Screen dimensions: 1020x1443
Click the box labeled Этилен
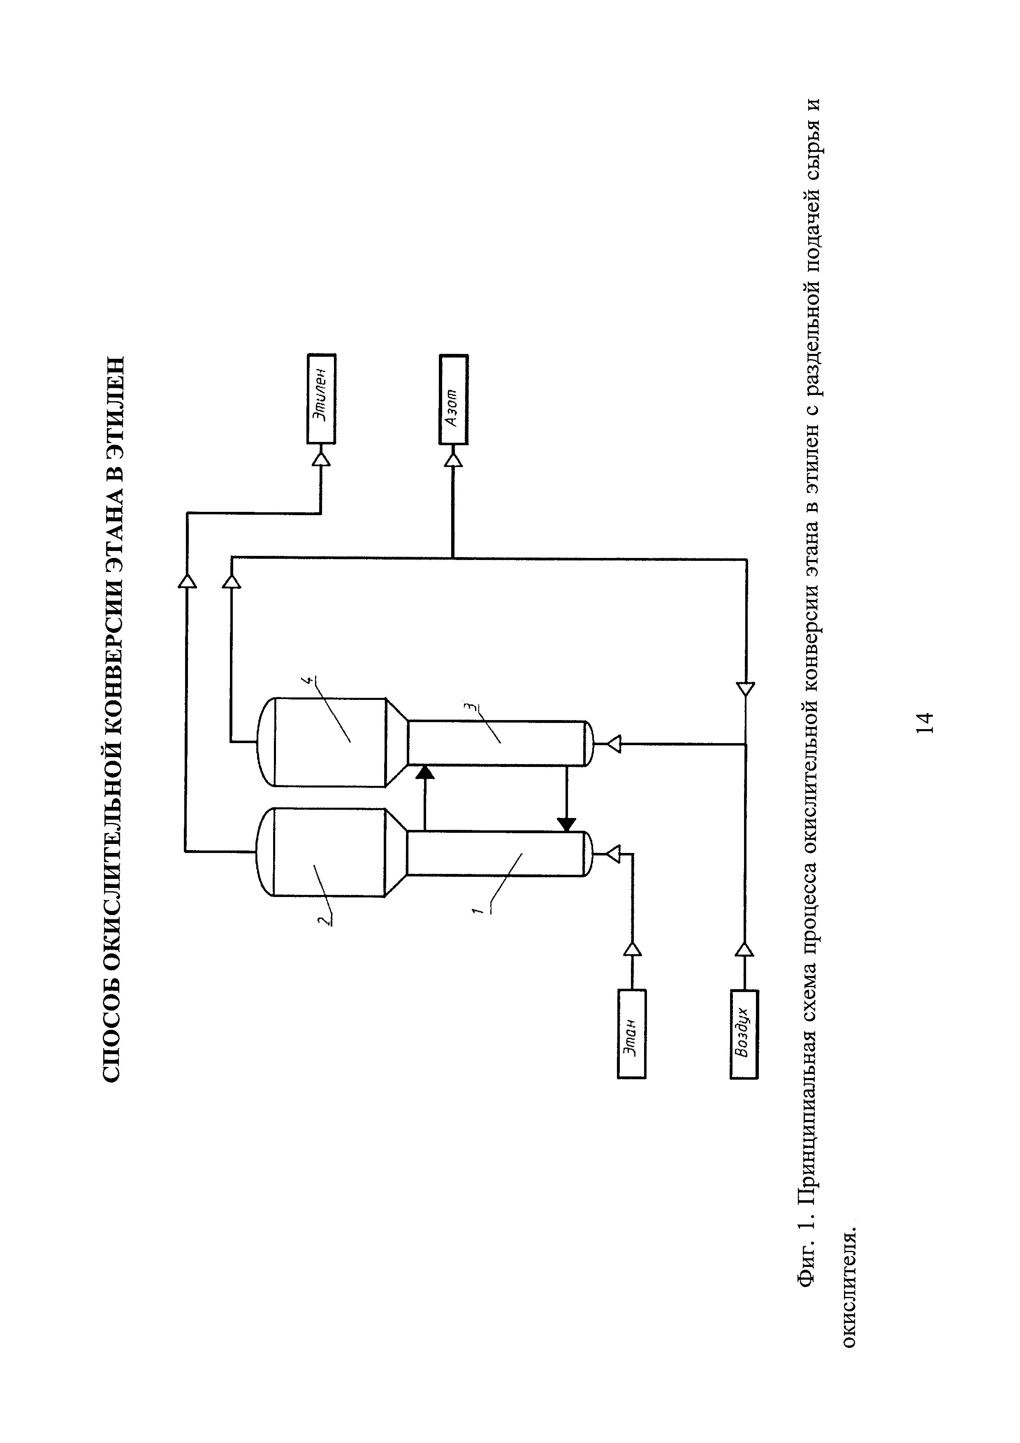(321, 398)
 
